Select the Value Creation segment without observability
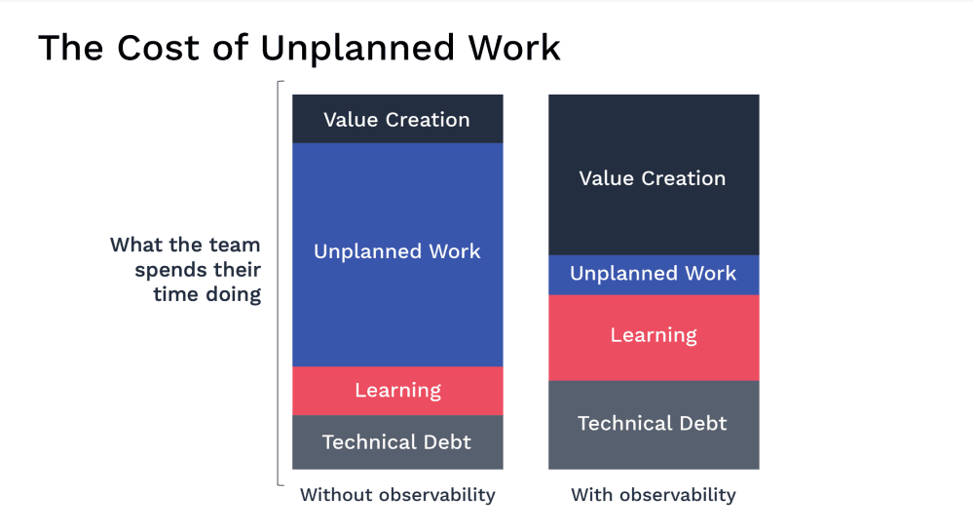tap(397, 120)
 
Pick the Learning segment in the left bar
tap(397, 391)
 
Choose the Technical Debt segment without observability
tap(397, 442)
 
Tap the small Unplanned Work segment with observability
tap(653, 275)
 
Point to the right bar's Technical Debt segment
tap(653, 425)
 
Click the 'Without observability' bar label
tap(397, 495)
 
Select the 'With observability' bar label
tap(653, 495)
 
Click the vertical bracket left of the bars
tap(281, 283)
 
